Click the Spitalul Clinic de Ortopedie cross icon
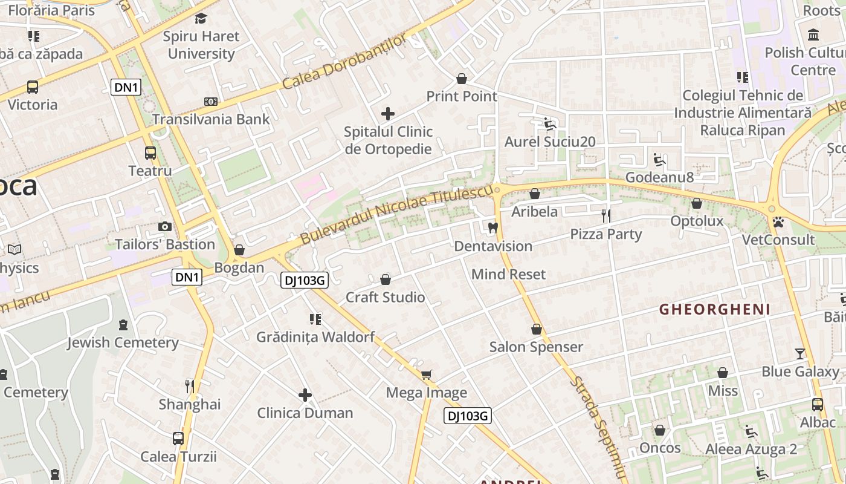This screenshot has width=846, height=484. point(388,113)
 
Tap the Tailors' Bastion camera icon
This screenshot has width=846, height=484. point(164,226)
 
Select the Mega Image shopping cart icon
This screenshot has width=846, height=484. point(426,375)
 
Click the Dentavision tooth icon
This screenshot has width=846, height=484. point(492,228)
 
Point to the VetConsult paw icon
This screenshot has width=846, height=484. point(778,222)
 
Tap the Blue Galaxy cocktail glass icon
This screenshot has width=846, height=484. point(800,353)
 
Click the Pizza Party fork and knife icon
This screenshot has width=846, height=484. point(606,215)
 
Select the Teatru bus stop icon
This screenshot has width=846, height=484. point(150,153)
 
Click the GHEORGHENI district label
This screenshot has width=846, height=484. point(715,310)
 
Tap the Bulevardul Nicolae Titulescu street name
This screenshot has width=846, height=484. point(396,215)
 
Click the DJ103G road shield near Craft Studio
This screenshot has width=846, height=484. point(305,280)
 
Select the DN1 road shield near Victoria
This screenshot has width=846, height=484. point(126,87)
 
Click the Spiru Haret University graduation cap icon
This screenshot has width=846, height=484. point(201,18)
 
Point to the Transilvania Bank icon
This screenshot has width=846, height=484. point(210,102)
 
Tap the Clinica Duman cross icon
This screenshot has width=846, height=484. point(305,395)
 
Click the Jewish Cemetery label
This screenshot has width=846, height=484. point(123,342)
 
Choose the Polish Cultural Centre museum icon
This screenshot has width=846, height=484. point(813,34)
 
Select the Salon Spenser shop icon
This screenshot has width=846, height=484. point(537,329)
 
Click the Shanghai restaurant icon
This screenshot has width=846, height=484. point(190,386)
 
